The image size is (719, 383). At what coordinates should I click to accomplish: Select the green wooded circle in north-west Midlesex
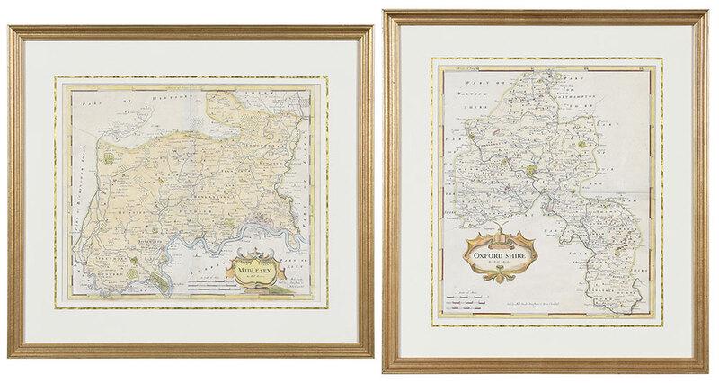click(x=110, y=157)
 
